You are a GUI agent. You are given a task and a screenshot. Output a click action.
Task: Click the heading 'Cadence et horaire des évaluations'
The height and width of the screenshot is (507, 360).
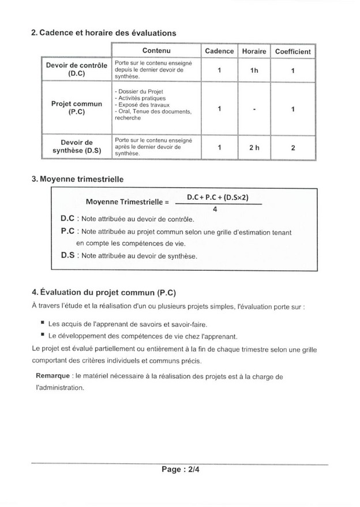103,33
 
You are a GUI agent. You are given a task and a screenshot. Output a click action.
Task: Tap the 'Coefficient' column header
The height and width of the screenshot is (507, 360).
292,51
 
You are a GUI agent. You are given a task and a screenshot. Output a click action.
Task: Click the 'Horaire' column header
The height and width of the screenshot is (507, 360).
254,51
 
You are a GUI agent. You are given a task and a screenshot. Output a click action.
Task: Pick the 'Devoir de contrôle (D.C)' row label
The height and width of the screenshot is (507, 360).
76,70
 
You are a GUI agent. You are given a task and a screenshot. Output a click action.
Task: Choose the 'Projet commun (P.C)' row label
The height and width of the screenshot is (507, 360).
76,108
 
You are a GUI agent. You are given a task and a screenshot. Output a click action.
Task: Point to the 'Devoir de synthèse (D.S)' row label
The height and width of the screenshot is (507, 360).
76,147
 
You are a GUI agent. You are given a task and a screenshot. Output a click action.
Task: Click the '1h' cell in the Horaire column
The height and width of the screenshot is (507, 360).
254,70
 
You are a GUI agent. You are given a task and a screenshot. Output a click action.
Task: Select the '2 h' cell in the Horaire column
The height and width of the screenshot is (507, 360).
254,148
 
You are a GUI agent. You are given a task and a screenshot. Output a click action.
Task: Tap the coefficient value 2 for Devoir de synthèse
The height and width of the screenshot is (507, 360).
293,148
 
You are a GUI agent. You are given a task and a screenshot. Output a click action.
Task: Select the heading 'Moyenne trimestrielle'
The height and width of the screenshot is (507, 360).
77,180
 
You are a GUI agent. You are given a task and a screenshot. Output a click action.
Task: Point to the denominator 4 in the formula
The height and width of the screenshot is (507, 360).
215,210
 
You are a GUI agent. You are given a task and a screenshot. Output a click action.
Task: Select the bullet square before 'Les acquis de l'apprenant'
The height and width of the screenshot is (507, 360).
43,324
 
